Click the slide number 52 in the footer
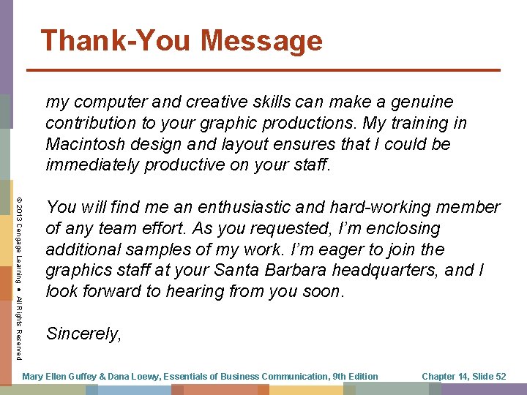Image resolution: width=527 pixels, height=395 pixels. [x=500, y=377]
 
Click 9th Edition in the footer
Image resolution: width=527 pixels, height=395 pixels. [x=355, y=377]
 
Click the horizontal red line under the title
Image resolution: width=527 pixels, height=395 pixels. [x=263, y=70]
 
